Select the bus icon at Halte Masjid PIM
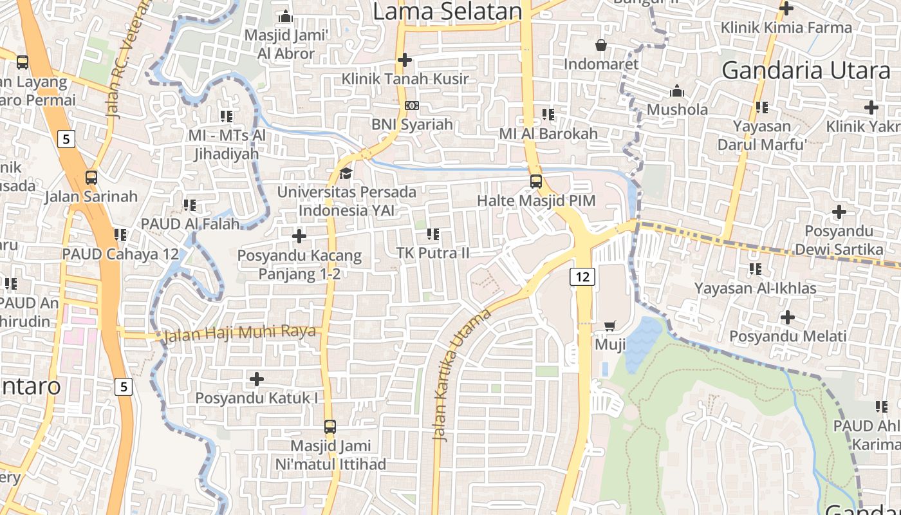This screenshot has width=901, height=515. [536, 182]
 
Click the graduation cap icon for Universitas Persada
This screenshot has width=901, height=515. [346, 173]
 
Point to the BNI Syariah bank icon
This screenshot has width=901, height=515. [412, 106]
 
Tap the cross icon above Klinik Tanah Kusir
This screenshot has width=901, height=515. [405, 60]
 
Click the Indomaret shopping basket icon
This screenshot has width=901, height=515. [601, 45]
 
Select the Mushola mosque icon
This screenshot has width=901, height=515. [677, 91]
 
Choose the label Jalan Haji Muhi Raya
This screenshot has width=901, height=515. [240, 333]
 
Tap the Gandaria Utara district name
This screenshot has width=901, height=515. [806, 70]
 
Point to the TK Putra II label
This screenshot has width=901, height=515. [433, 253]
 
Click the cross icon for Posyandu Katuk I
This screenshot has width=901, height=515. [257, 379]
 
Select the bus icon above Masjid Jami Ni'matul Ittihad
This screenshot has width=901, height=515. [330, 426]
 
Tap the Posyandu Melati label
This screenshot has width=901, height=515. [788, 336]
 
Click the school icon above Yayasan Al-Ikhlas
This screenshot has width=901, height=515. [755, 269]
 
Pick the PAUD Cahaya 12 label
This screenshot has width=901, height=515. [120, 254]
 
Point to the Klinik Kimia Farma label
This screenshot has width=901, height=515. [786, 28]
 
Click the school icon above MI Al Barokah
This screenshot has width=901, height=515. [548, 115]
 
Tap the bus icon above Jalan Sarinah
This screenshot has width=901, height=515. [91, 178]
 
